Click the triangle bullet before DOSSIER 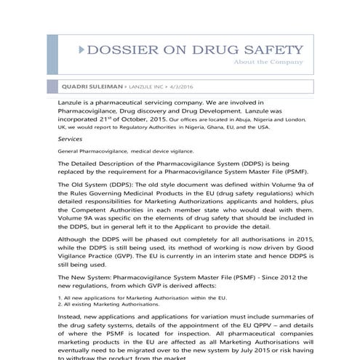pos(79,51)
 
